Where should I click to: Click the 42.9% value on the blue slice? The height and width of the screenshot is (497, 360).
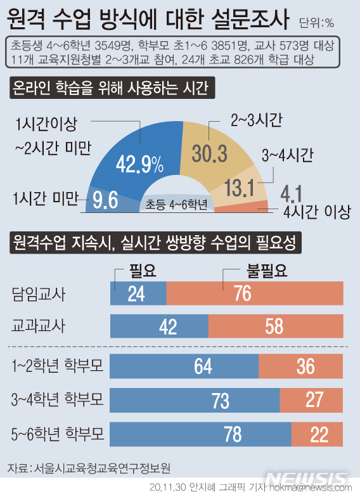click(139, 165)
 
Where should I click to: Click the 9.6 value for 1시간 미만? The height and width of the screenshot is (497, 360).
click(105, 200)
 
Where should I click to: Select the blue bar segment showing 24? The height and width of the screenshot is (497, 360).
click(138, 294)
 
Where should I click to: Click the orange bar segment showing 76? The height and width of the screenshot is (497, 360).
click(255, 294)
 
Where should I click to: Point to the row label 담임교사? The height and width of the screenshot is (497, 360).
click(39, 294)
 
